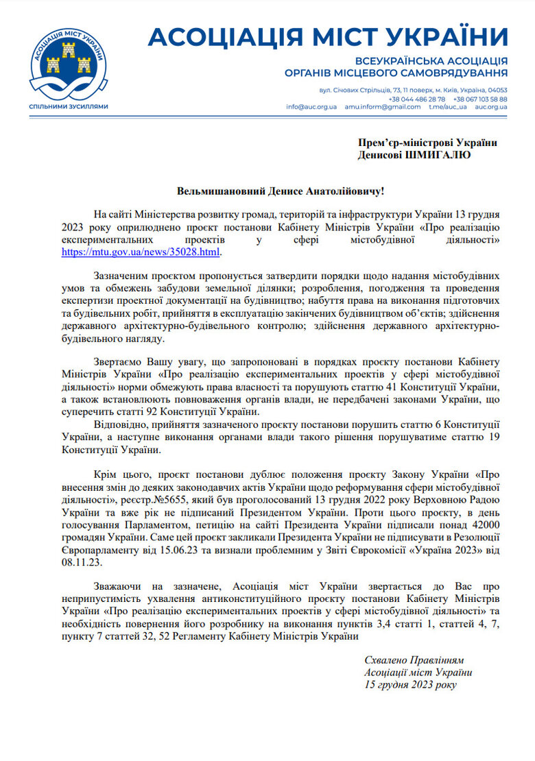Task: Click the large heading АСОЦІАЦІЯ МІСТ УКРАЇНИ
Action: (x=328, y=36)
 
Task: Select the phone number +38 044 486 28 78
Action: (x=419, y=99)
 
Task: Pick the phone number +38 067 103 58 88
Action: (x=480, y=99)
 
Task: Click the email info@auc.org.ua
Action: (x=311, y=107)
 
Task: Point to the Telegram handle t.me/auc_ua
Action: (x=447, y=107)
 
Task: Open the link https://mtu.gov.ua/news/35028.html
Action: (x=141, y=252)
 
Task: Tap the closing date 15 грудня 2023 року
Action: (x=409, y=684)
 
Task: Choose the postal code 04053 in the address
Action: (x=497, y=90)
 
